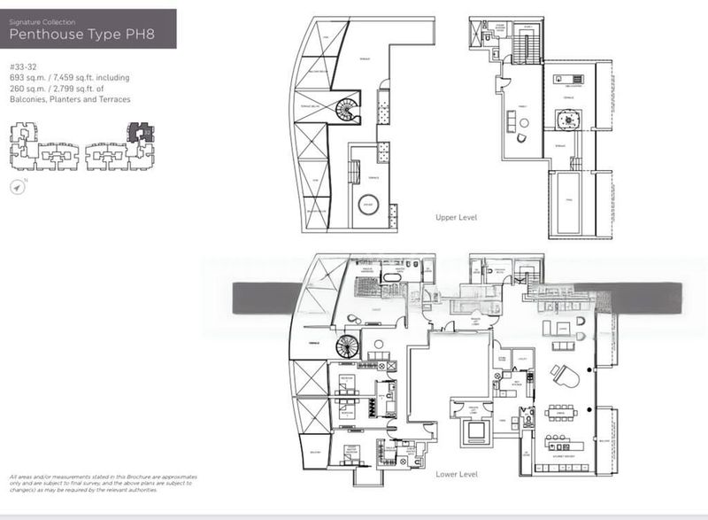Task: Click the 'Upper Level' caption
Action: (457, 217)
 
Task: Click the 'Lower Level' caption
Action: (458, 475)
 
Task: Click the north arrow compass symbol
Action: (19, 187)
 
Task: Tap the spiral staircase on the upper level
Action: (346, 111)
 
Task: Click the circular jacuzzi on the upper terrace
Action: (366, 206)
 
